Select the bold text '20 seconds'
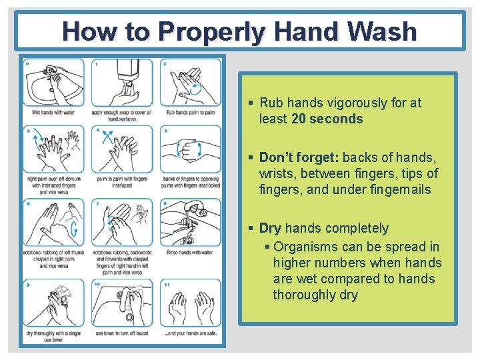[327, 119]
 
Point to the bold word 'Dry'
[270, 229]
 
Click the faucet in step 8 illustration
[195, 213]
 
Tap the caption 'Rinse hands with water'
[190, 252]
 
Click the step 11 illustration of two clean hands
[191, 303]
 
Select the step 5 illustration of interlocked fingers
[191, 149]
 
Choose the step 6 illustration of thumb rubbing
[53, 223]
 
